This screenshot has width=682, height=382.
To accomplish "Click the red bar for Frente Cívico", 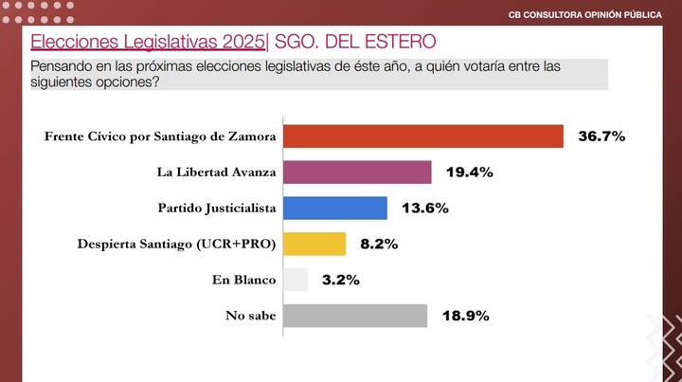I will click(423, 136).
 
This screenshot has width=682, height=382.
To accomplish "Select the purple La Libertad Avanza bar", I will click(358, 172).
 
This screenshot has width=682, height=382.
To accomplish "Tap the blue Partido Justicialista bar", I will click(335, 208).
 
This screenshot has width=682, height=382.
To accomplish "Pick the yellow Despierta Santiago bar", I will click(315, 244).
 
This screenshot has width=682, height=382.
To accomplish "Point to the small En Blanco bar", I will click(296, 280).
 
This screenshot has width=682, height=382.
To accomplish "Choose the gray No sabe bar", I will click(355, 316).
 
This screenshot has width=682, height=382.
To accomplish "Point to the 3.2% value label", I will click(339, 280).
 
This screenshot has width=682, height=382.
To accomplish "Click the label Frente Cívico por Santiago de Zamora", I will click(160, 136).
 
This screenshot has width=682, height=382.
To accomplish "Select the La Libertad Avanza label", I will click(216, 173).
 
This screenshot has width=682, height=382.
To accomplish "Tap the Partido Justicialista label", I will click(216, 208).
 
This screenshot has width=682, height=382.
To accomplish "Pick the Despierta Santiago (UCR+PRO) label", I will click(176, 244).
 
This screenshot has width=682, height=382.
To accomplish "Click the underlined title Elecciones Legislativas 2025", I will click(148, 42).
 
